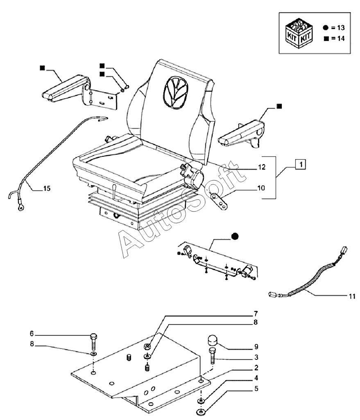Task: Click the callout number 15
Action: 47,188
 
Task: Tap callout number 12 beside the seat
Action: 261,167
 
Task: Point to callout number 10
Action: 261,188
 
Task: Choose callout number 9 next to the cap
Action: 255,346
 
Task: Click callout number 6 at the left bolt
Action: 31,333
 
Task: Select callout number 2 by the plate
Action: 255,368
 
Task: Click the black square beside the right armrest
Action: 279,106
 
